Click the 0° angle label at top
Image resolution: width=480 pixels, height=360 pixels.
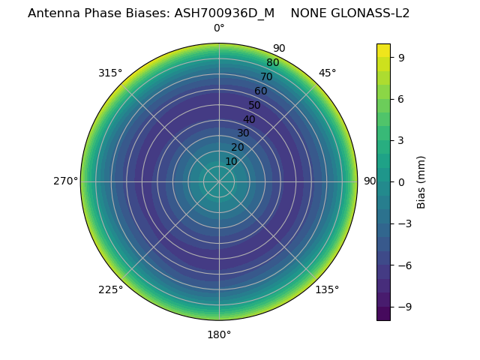click(x=219, y=28)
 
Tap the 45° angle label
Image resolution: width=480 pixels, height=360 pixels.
click(x=327, y=73)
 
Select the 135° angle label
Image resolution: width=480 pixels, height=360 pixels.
click(x=327, y=289)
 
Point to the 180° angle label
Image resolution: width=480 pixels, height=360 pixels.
click(x=219, y=334)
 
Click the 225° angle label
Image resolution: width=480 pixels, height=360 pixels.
click(x=110, y=289)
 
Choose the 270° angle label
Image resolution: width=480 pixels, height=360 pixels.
click(x=65, y=181)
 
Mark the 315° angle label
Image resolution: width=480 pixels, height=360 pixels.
click(x=110, y=73)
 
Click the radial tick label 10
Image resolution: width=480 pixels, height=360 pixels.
click(x=231, y=161)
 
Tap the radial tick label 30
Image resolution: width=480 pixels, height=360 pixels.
click(x=243, y=133)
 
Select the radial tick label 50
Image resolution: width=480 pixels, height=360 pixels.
click(x=255, y=106)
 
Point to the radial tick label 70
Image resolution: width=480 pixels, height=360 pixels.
click(x=266, y=77)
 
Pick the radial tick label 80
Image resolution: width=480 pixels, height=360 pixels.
click(x=272, y=63)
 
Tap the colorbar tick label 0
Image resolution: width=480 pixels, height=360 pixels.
click(x=402, y=181)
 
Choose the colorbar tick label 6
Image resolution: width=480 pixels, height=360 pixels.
click(x=402, y=98)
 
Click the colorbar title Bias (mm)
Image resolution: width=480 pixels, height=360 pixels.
click(x=421, y=181)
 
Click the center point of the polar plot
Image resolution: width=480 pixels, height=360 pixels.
click(x=219, y=181)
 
